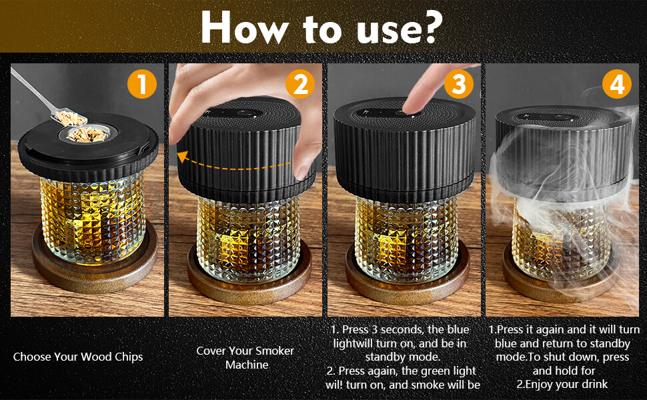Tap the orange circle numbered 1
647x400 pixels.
(x=142, y=84)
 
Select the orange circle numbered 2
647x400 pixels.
(x=300, y=84)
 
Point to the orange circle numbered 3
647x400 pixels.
(x=459, y=84)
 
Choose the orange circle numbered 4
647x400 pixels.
(x=617, y=84)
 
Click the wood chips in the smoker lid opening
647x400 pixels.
(x=87, y=135)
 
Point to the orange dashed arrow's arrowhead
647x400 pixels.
(x=183, y=157)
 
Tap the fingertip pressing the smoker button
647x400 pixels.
(x=412, y=105)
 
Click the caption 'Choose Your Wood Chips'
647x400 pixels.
(x=78, y=357)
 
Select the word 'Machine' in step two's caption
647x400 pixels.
(x=247, y=365)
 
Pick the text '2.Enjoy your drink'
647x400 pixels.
(x=562, y=384)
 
